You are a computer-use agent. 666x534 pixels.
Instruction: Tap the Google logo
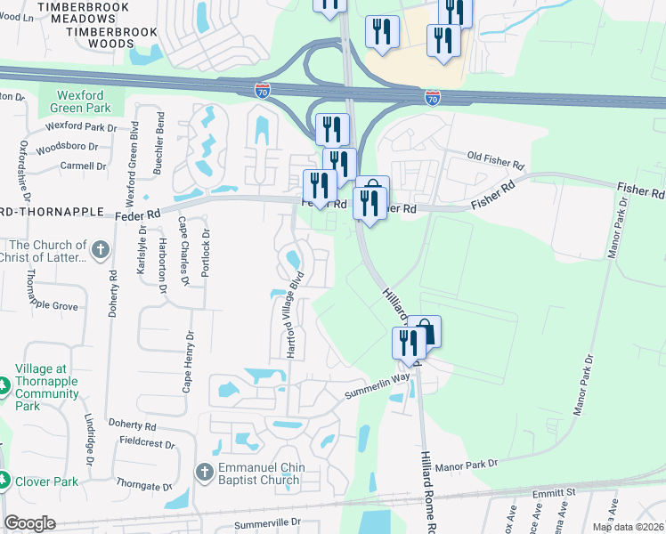pyautogui.click(x=29, y=524)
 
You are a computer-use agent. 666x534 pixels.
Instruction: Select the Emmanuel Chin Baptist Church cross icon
pyautogui.click(x=203, y=472)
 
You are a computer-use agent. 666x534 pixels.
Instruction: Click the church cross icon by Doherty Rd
pyautogui.click(x=100, y=250)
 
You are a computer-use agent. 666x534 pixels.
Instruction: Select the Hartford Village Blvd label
pyautogui.click(x=293, y=314)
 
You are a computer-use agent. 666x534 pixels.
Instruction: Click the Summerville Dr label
pyautogui.click(x=265, y=523)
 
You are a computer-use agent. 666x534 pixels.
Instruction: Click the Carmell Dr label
pyautogui.click(x=83, y=166)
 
